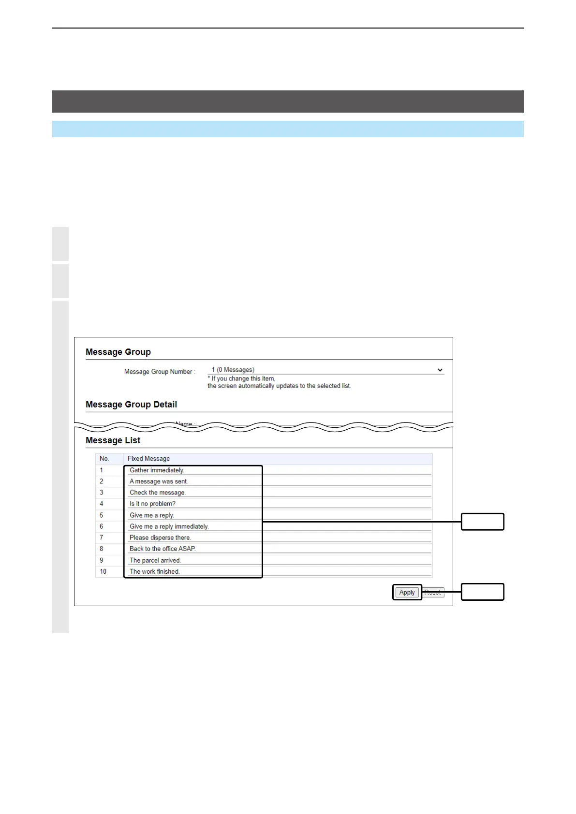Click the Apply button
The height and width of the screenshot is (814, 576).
407,592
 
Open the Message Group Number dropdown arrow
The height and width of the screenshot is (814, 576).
440,370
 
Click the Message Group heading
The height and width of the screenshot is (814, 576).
118,352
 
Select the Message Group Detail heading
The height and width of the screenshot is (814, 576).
131,405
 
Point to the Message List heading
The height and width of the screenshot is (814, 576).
113,440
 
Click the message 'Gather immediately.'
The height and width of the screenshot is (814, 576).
157,470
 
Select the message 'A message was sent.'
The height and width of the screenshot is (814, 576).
159,481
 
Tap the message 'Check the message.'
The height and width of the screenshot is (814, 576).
158,493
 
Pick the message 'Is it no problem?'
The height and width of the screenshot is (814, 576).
152,504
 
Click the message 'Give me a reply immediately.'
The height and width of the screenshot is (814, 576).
169,526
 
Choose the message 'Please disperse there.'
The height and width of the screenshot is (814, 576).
160,538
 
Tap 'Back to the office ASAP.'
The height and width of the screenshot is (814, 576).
162,549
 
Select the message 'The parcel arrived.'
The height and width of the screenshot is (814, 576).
155,560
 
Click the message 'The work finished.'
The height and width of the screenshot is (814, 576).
154,571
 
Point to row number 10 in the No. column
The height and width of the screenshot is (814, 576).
103,571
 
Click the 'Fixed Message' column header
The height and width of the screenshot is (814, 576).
148,459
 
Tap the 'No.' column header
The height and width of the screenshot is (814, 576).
104,459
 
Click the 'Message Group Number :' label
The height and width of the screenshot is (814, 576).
160,372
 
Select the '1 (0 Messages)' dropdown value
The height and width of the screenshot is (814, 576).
233,370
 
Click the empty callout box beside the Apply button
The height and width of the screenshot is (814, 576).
482,592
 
